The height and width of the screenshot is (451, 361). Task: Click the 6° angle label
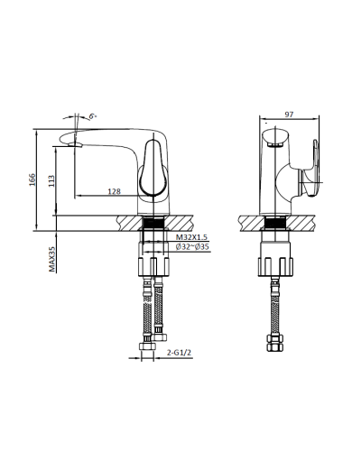tap(93, 116)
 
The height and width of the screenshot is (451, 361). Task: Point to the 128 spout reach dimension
tap(116, 191)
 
